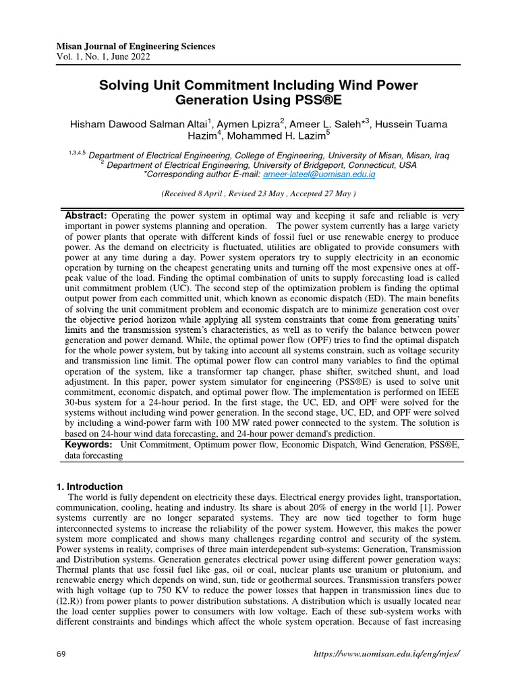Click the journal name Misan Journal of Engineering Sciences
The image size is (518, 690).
click(136, 46)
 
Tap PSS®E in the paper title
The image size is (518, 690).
click(314, 102)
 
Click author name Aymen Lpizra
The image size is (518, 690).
click(244, 125)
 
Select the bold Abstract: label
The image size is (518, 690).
click(86, 215)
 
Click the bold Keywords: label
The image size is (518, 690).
click(88, 445)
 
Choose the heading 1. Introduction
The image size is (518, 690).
click(88, 487)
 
